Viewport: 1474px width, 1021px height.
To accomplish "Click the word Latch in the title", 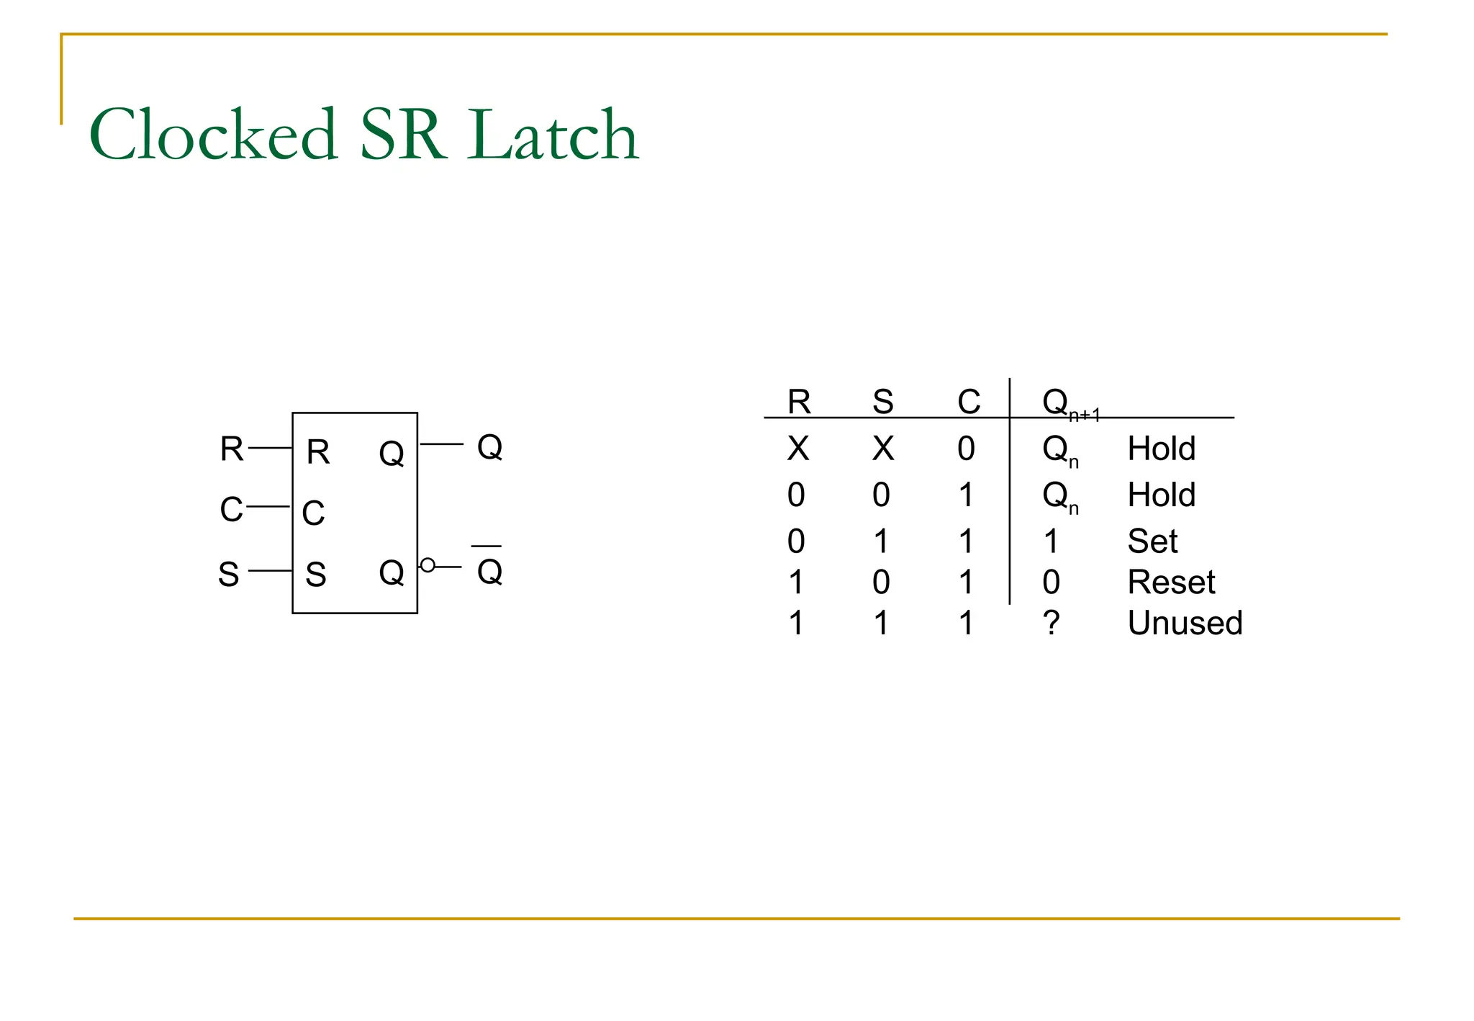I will pos(553,135).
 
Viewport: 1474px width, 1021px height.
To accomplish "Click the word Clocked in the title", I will pos(213,135).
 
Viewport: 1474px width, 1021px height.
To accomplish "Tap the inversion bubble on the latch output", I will pos(428,565).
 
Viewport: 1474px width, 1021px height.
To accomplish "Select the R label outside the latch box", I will pos(232,449).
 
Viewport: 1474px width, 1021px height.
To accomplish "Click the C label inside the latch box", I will pos(313,513).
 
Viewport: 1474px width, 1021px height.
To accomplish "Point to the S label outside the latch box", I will pos(229,575).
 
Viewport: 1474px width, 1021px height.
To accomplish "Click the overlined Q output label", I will pos(489,571).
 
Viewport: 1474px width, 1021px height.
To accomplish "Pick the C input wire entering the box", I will pos(268,507).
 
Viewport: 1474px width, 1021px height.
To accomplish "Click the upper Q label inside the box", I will pos(392,454).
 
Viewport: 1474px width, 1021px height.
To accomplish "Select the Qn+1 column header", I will pos(1069,403).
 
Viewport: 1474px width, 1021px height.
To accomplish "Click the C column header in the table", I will pos(969,402).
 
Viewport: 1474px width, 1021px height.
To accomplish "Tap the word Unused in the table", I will pos(1185,623).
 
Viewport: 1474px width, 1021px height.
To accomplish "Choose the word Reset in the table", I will pos(1171,582).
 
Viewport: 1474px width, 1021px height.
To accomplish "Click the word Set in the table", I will pos(1152,541).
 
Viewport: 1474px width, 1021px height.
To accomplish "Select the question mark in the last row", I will pos(1051,623).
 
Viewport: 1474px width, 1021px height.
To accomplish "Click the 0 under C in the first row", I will pos(966,449).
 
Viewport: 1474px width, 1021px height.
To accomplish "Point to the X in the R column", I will pos(798,449).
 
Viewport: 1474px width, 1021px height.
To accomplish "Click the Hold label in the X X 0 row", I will pos(1161,449).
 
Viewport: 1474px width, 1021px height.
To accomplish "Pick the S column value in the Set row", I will pos(881,541).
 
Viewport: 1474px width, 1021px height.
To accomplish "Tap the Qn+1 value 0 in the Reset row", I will pos(1051,582).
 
